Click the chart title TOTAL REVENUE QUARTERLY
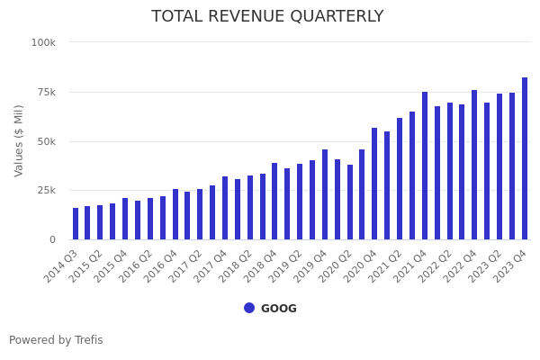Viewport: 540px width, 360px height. click(267, 17)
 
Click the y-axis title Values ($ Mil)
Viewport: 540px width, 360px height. click(20, 140)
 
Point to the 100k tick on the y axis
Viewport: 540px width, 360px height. click(43, 42)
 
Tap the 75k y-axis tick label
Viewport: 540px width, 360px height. click(45, 92)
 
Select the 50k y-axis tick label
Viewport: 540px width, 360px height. click(45, 141)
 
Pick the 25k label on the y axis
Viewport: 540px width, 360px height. click(45, 190)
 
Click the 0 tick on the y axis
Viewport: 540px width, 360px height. click(52, 239)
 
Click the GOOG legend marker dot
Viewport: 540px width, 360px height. click(249, 308)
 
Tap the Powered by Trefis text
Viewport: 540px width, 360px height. click(56, 340)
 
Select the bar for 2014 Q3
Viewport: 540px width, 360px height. click(76, 224)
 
